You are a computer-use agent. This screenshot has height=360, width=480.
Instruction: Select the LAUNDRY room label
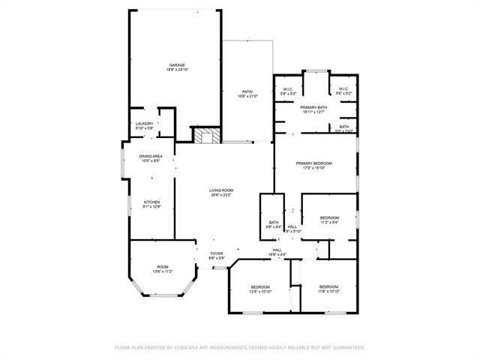(145, 124)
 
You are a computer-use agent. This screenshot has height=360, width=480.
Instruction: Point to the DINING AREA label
(151, 156)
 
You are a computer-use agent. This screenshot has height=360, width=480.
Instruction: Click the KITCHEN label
(152, 202)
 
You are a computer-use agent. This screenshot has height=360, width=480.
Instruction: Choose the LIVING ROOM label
(221, 190)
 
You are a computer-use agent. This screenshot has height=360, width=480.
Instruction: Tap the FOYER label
(217, 253)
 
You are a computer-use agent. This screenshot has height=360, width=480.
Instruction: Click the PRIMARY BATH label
(313, 108)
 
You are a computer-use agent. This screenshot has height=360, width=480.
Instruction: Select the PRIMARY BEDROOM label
(313, 163)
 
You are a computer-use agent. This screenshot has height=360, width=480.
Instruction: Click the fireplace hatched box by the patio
(208, 136)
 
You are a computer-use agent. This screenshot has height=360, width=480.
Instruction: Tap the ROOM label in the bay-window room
(163, 267)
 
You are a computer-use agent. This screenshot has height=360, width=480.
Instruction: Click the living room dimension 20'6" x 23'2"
(221, 195)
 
